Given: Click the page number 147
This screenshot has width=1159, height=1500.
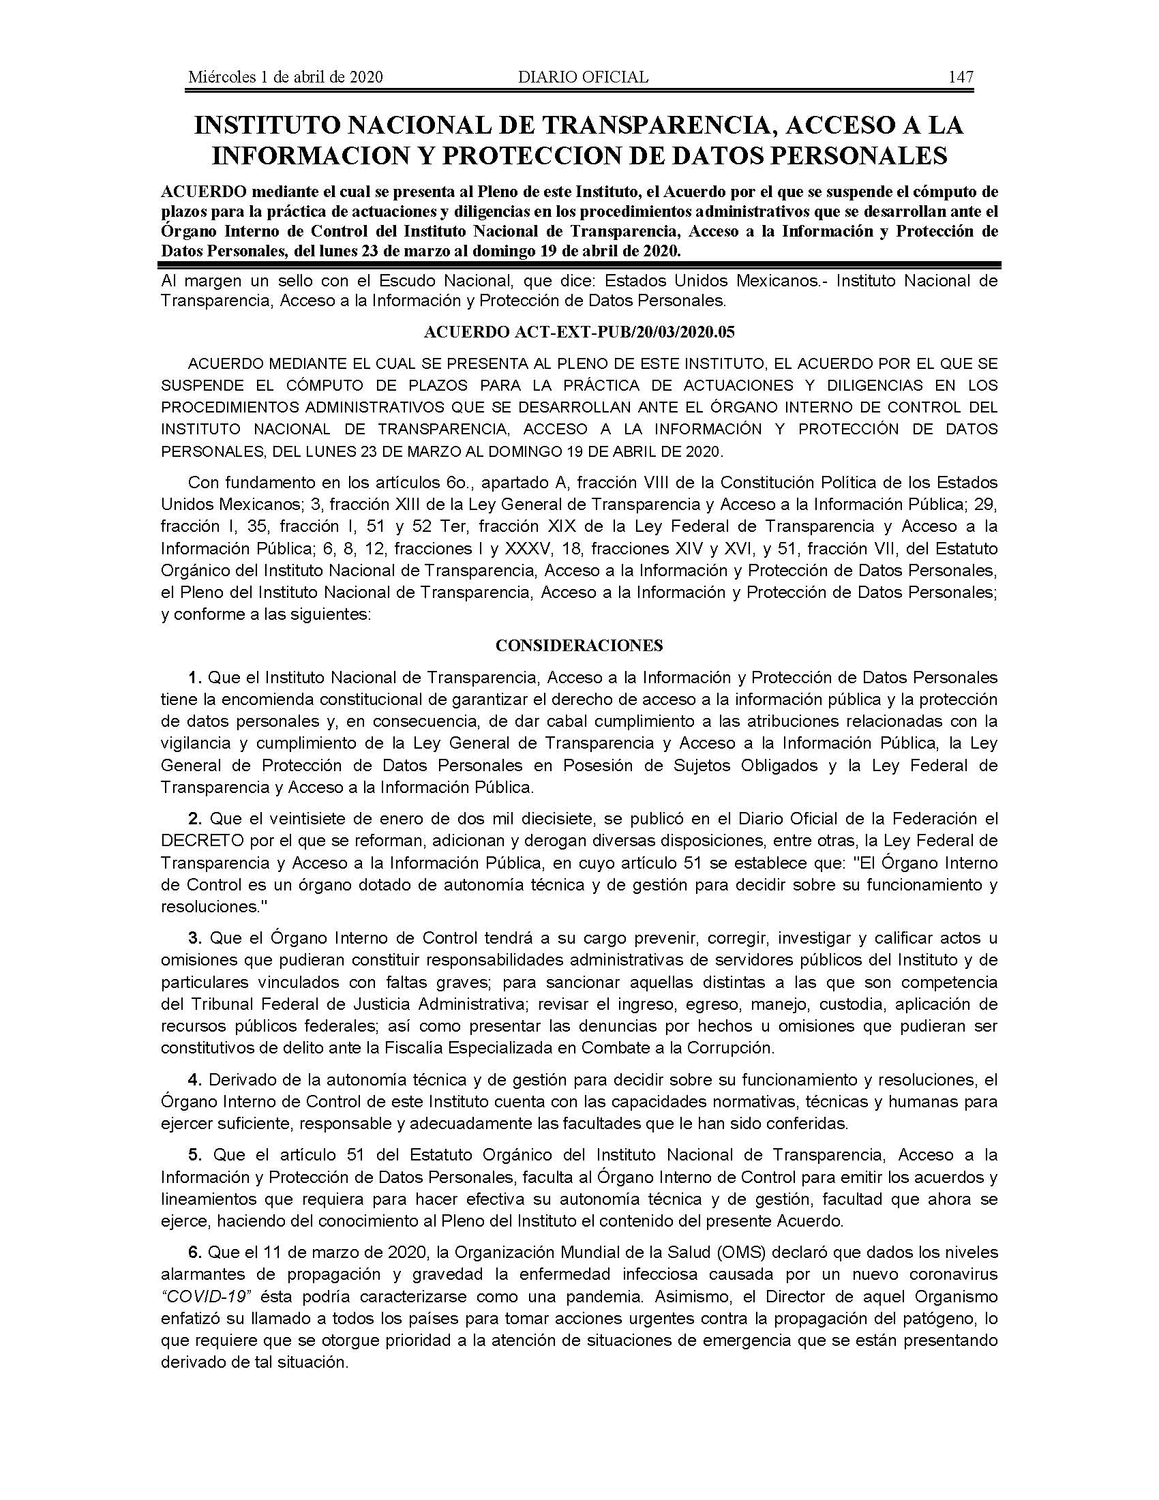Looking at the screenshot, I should (x=961, y=77).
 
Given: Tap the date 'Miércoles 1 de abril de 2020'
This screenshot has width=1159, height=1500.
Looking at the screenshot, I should (x=286, y=77).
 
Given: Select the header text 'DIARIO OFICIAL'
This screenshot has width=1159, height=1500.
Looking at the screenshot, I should (x=583, y=77).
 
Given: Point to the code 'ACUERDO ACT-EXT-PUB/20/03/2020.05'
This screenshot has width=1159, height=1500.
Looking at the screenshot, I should (x=579, y=333).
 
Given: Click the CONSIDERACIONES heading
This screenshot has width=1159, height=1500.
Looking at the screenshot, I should (x=579, y=645).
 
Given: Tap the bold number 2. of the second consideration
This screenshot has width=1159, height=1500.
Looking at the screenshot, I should (x=196, y=819).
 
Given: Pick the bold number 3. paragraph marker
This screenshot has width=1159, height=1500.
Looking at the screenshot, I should (x=196, y=938).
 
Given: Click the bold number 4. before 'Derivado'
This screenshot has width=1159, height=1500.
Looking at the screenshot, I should (x=196, y=1080).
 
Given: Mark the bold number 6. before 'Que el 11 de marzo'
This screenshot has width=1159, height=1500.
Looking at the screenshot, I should (x=196, y=1252).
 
